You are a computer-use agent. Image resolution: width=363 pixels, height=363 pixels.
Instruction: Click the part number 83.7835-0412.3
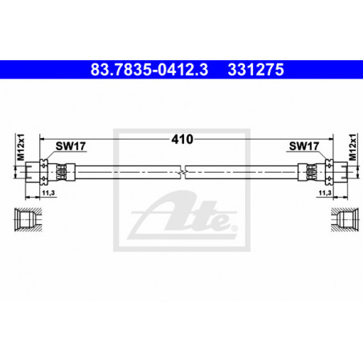(x=149, y=70)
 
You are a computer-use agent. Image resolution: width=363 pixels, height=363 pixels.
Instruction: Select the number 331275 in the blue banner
(x=255, y=70)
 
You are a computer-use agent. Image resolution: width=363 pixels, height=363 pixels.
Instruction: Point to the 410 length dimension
(x=182, y=139)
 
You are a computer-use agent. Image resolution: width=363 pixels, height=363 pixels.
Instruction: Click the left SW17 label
(x=71, y=146)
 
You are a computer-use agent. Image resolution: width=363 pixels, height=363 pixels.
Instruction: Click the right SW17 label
(x=304, y=146)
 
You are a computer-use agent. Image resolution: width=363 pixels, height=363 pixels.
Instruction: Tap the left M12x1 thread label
(x=21, y=147)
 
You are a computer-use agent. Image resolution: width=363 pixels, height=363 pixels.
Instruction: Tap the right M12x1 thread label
(x=353, y=147)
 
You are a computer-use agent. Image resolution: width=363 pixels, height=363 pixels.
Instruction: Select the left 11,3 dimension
(x=48, y=193)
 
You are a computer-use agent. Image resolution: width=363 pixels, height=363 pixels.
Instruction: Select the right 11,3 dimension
(x=325, y=193)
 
